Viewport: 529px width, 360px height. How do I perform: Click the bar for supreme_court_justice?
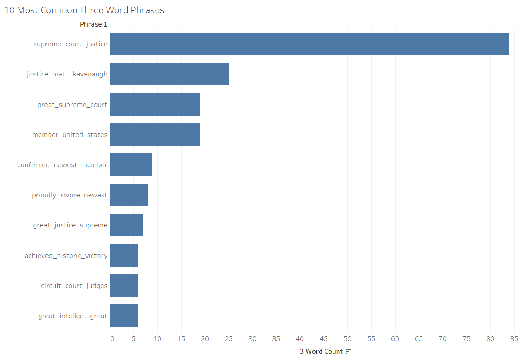tap(309, 44)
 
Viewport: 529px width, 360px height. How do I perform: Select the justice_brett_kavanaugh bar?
tap(169, 74)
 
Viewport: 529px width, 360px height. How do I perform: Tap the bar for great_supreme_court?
tap(155, 104)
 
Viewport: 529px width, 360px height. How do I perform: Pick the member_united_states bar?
tap(155, 134)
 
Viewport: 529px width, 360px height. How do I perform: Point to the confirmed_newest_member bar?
tap(131, 164)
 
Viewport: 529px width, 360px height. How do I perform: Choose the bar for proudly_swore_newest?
tap(129, 195)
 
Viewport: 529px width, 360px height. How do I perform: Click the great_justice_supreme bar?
tap(126, 225)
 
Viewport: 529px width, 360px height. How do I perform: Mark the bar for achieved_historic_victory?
tap(124, 255)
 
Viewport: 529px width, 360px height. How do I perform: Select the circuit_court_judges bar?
tap(124, 285)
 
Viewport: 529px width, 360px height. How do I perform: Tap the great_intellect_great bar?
tap(124, 316)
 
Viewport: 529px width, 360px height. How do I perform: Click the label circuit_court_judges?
tap(74, 285)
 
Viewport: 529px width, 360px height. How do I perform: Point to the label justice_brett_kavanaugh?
tap(67, 74)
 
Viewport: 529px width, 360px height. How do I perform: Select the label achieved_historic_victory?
tap(66, 255)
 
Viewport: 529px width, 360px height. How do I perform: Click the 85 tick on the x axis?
tap(514, 338)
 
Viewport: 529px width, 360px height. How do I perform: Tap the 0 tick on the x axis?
tap(112, 338)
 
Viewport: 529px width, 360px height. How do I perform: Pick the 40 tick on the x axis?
tap(300, 338)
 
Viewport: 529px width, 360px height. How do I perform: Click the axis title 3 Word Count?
tap(321, 351)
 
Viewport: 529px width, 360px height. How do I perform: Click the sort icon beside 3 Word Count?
tap(348, 351)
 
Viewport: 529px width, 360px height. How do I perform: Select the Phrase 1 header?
tap(93, 24)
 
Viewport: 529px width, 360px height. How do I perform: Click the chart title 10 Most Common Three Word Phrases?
tap(84, 10)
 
